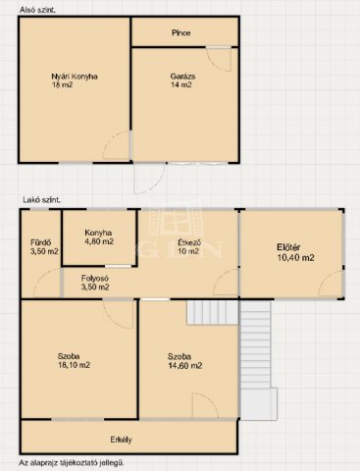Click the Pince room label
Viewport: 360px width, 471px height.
tap(180, 33)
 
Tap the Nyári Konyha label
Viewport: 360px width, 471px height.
tap(75, 77)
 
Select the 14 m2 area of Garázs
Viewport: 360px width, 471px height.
tap(180, 85)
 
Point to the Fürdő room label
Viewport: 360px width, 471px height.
tap(40, 242)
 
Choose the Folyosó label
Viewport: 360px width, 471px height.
tap(95, 279)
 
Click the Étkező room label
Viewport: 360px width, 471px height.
tap(189, 242)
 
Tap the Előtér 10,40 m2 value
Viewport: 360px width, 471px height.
tap(295, 258)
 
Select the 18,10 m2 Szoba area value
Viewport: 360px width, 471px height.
tap(74, 365)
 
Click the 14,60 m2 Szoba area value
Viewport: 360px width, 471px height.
tap(184, 366)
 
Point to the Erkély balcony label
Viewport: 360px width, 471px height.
tap(121, 440)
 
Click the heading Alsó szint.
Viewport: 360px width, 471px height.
tap(37, 10)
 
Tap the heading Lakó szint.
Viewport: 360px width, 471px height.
tap(41, 200)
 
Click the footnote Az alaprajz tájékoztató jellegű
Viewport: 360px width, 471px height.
tap(72, 463)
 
